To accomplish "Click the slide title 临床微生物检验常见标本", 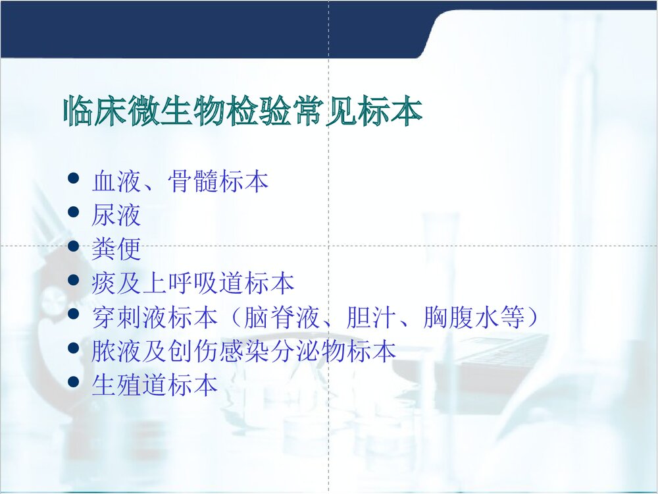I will (x=242, y=113).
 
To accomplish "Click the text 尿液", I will (x=116, y=215).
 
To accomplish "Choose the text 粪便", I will (x=116, y=250).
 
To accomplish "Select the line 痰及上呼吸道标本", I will (x=193, y=284).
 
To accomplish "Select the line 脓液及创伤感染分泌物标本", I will (x=244, y=352).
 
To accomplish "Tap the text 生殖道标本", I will (x=155, y=387).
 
